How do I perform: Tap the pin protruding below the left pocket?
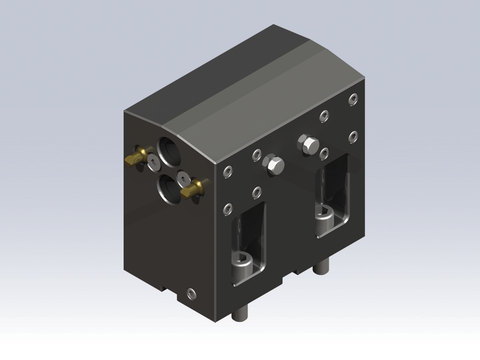coord(240,312)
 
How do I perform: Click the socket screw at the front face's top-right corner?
coord(351,98)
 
